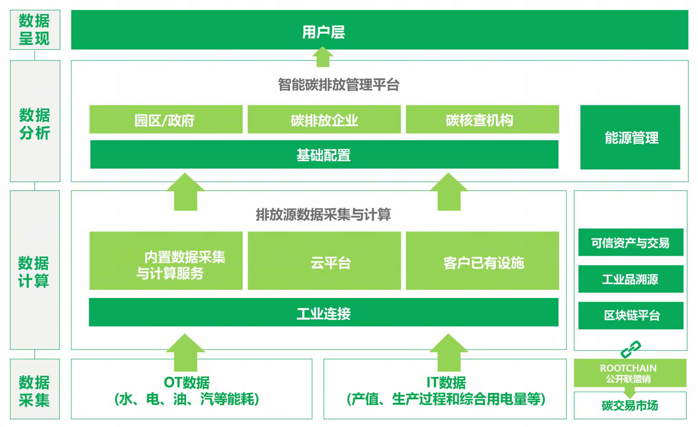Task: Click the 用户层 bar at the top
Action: coord(379,30)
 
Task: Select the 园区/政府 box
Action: coord(166,119)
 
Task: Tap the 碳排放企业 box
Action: coord(324,119)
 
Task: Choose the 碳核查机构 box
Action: coord(482,119)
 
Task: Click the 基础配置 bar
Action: coord(324,154)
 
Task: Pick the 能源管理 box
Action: coord(630,137)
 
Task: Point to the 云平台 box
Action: coord(324,261)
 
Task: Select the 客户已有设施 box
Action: coord(482,261)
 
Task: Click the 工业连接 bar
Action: coord(324,313)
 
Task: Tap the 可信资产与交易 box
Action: coord(631,242)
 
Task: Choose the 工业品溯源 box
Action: coord(631,279)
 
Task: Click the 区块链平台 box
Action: coord(631,316)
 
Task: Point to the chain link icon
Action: coord(631,349)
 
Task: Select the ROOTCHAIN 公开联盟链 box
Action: coord(630,373)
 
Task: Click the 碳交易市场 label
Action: coord(630,406)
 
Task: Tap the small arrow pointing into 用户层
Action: coord(323,57)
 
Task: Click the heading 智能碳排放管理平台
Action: coord(339,84)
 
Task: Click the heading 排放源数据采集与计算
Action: coord(323,214)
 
